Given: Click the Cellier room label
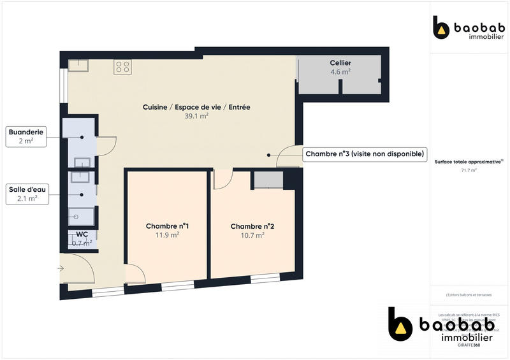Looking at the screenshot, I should pos(340,62).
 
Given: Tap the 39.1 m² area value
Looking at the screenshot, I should pos(196,117).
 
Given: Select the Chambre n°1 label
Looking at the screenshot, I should pos(167,226).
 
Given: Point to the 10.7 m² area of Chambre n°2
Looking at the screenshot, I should pos(252,235).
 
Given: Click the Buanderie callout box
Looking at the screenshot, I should pos(25,136).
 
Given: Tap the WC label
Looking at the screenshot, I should pos(82,234).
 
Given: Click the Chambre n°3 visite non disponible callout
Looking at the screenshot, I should pos(364,154).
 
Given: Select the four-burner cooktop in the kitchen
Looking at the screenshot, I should pos(122,66).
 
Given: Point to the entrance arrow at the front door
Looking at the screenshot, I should pos(61,269).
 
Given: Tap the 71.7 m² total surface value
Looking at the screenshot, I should pos(469,170).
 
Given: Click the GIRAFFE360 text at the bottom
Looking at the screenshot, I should pos(469,345).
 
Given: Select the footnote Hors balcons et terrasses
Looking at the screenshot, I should pos(469,295).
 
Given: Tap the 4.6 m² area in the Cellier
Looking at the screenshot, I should pos(340,72).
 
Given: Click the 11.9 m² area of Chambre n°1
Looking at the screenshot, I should pos(167,234).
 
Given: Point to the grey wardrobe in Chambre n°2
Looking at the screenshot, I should pos(268,180).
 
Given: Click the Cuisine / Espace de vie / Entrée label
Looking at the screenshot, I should pos(196,107).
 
